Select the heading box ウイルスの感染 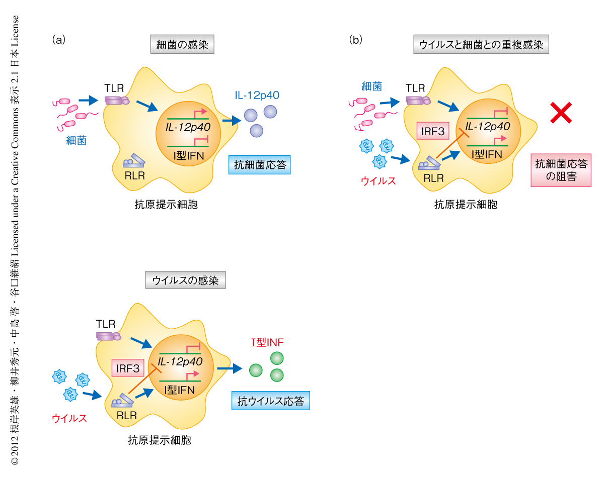tap(185, 280)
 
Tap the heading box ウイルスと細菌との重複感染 tap(481, 45)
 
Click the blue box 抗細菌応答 tap(260, 165)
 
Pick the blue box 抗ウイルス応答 tap(271, 401)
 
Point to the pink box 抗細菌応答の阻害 tap(561, 170)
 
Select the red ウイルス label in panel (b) tap(378, 180)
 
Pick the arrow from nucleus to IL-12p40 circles tap(231, 121)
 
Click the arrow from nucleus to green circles tap(230, 369)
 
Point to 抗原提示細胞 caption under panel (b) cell tap(465, 205)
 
